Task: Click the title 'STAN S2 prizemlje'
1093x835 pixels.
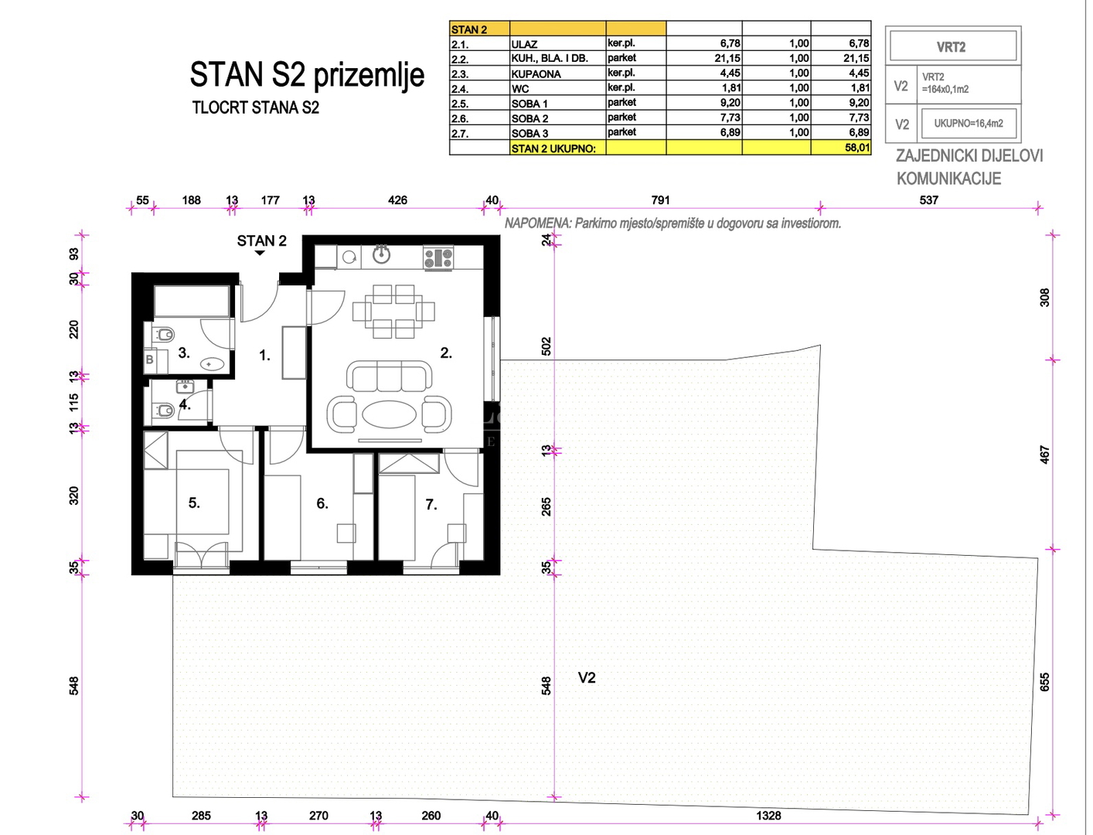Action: pos(307,76)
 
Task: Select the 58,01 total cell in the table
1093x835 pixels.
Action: pos(841,148)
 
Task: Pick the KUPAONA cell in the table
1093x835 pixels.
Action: pos(557,73)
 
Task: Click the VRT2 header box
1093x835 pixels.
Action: pos(953,47)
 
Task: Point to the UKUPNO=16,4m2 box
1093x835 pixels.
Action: pos(969,124)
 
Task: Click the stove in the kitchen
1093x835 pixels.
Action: pos(438,258)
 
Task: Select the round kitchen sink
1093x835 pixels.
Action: pos(382,255)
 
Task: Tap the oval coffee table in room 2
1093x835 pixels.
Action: pos(389,414)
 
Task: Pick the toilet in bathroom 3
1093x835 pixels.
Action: pos(163,334)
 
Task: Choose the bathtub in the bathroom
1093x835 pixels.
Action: pos(192,300)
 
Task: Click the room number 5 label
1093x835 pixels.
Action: pos(194,503)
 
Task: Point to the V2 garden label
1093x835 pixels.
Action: pos(587,677)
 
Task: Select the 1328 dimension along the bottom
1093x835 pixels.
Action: pos(768,815)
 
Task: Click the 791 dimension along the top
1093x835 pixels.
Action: pos(660,200)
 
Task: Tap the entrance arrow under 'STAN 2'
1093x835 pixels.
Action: pos(260,253)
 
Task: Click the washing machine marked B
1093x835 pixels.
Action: pos(149,359)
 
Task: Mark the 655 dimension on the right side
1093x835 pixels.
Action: pos(1045,682)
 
